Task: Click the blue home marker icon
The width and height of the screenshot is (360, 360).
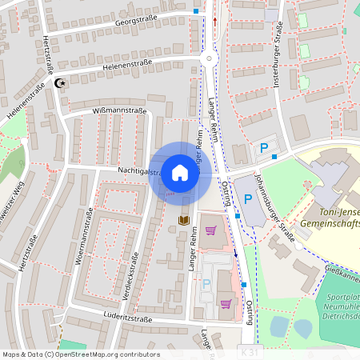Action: coord(180,173)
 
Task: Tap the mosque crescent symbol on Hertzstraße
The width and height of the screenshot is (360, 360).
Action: coord(58,83)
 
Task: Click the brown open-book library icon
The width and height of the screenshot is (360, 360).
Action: coord(184,220)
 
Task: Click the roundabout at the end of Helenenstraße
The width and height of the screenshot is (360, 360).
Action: coord(210,58)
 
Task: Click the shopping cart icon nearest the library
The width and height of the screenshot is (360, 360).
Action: coord(210,230)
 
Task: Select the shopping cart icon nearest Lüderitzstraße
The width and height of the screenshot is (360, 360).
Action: coord(226,303)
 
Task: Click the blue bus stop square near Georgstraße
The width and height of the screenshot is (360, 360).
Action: coord(197,11)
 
